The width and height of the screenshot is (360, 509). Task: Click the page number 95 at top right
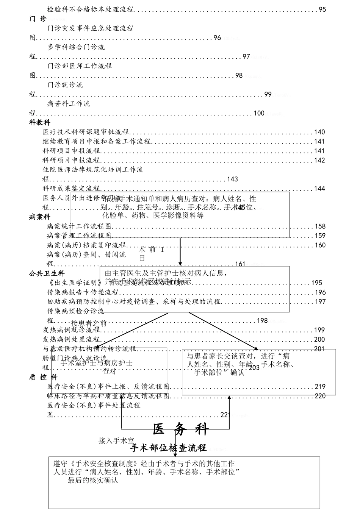click(322, 9)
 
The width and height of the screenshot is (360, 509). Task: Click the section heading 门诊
click(38, 19)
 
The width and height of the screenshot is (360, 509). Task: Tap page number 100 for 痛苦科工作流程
click(259, 113)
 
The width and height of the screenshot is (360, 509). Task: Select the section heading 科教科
click(39, 123)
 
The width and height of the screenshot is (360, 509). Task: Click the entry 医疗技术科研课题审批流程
click(86, 132)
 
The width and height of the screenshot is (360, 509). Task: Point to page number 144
click(319, 189)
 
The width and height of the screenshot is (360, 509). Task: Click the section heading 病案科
click(39, 217)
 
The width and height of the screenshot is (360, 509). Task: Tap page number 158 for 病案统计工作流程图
click(320, 226)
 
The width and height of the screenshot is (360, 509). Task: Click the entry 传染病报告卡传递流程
click(83, 292)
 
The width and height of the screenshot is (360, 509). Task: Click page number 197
click(320, 302)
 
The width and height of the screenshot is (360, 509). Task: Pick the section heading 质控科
click(43, 377)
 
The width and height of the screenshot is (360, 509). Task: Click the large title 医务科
click(181, 429)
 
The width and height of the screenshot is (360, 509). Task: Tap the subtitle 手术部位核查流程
click(168, 448)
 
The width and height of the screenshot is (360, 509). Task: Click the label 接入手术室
click(116, 441)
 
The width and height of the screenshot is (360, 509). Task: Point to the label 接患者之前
click(89, 323)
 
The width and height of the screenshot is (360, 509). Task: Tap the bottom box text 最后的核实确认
click(93, 481)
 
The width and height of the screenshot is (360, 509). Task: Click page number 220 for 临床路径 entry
click(320, 396)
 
